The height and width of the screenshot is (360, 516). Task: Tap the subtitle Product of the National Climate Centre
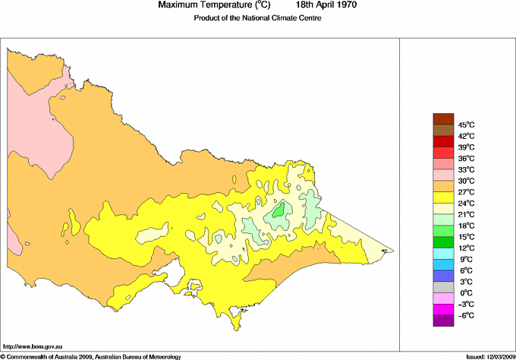click(x=257, y=18)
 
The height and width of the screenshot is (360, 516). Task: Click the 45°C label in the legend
click(x=466, y=125)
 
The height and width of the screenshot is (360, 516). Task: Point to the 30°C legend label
click(x=466, y=181)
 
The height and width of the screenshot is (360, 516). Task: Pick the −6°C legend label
click(x=466, y=315)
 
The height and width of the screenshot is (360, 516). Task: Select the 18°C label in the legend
click(x=466, y=226)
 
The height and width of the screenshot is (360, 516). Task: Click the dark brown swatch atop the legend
click(x=442, y=118)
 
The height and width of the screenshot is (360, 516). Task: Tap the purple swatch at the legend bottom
click(x=442, y=321)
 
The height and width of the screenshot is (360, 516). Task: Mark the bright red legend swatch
click(x=442, y=141)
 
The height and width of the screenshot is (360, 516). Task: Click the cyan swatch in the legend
click(x=442, y=253)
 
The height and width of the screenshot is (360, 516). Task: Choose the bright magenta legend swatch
click(x=442, y=309)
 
